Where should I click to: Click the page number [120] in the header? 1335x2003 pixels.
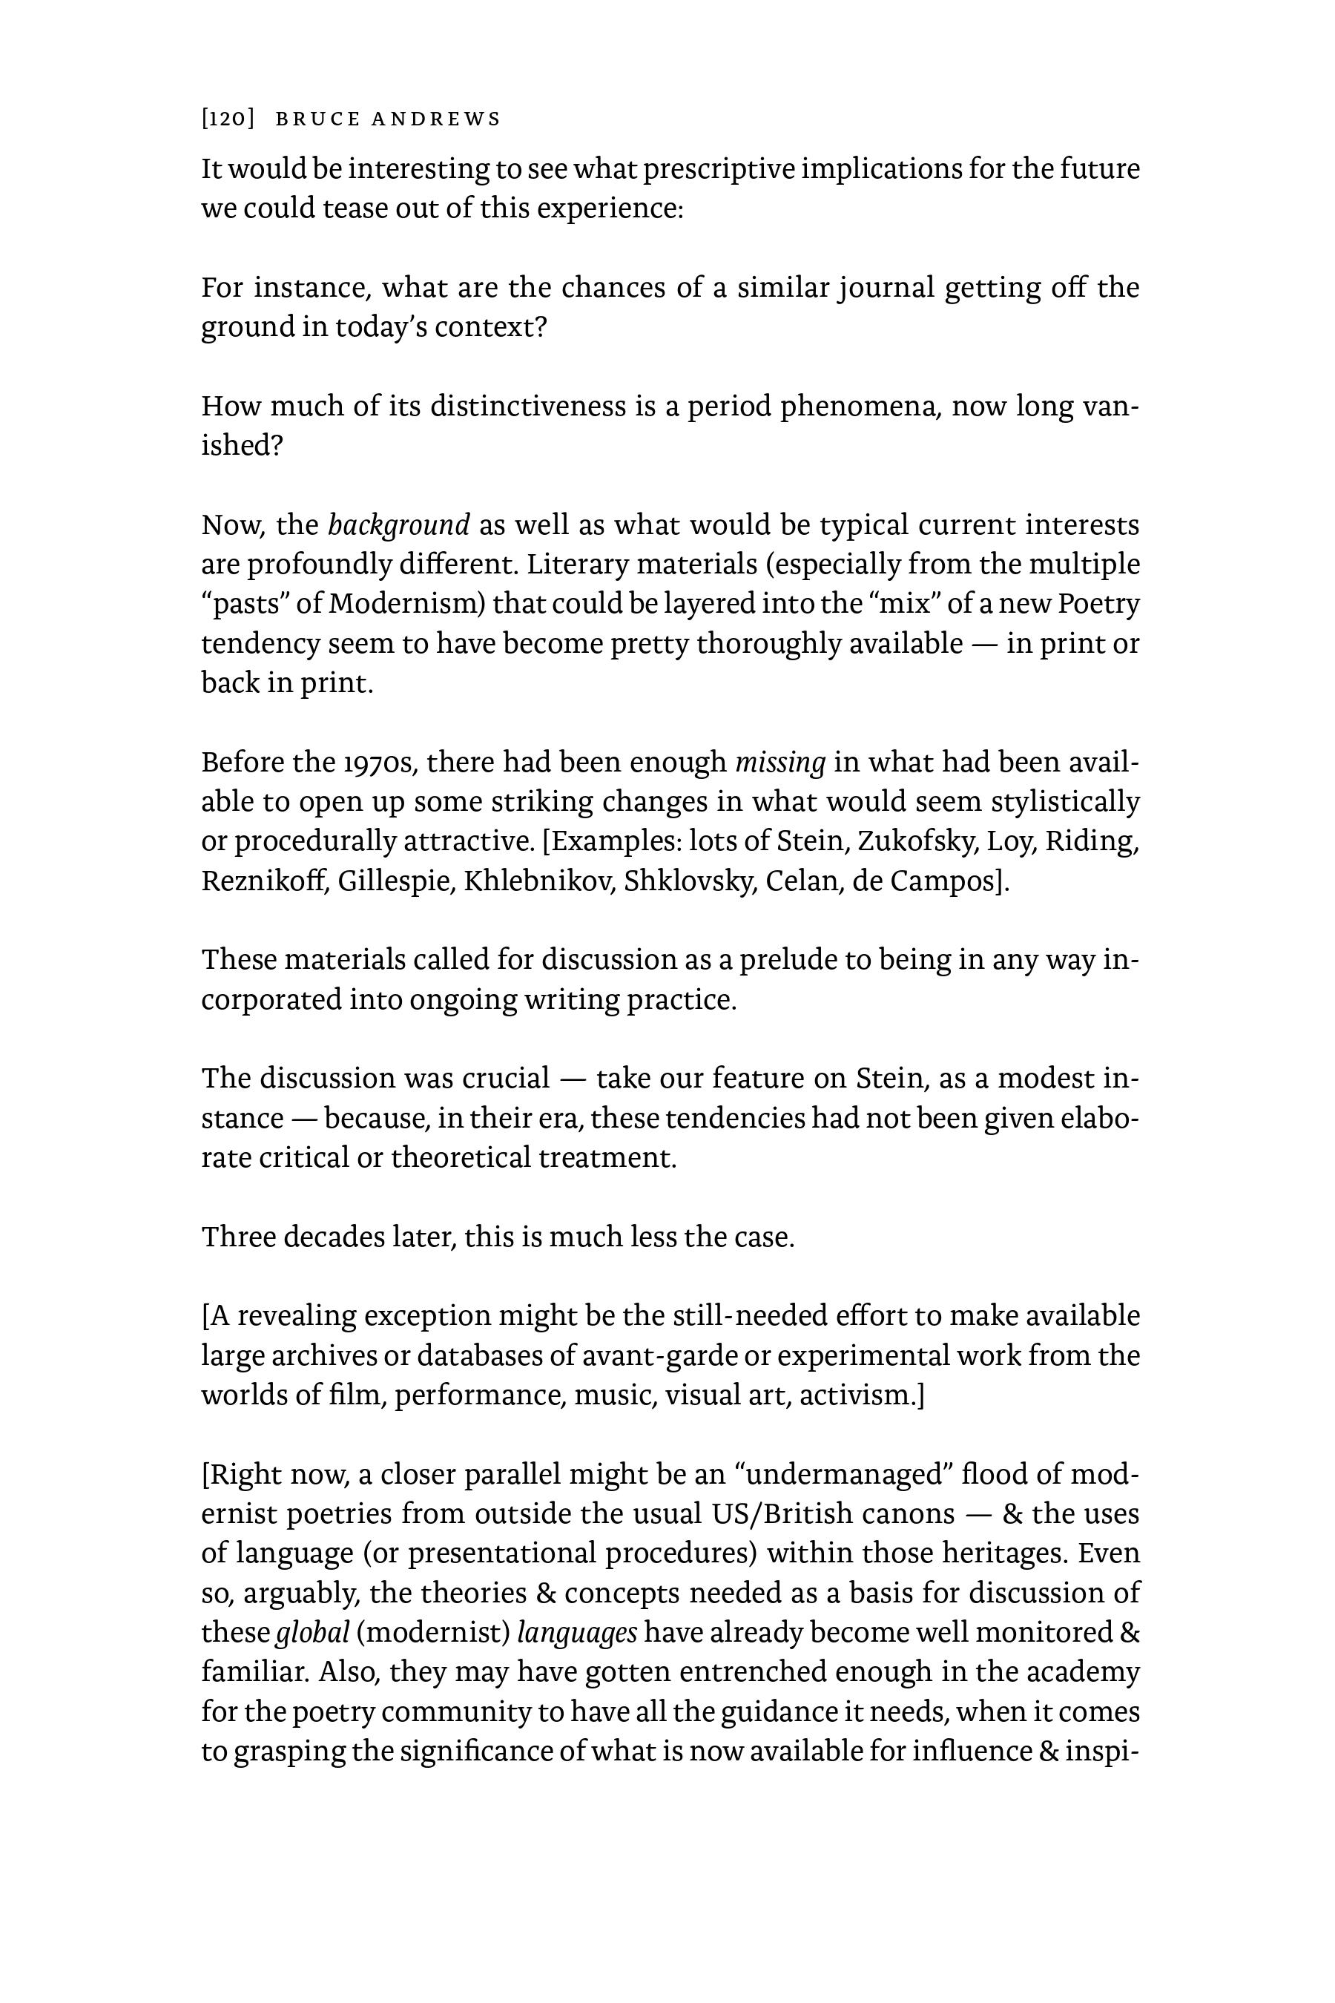pyautogui.click(x=228, y=119)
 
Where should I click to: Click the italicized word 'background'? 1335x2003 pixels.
pyautogui.click(x=398, y=525)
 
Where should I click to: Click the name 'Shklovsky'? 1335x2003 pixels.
pyautogui.click(x=690, y=881)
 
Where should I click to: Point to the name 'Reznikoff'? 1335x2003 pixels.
pyautogui.click(x=264, y=881)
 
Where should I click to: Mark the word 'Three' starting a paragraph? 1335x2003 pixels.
pyautogui.click(x=237, y=1237)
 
